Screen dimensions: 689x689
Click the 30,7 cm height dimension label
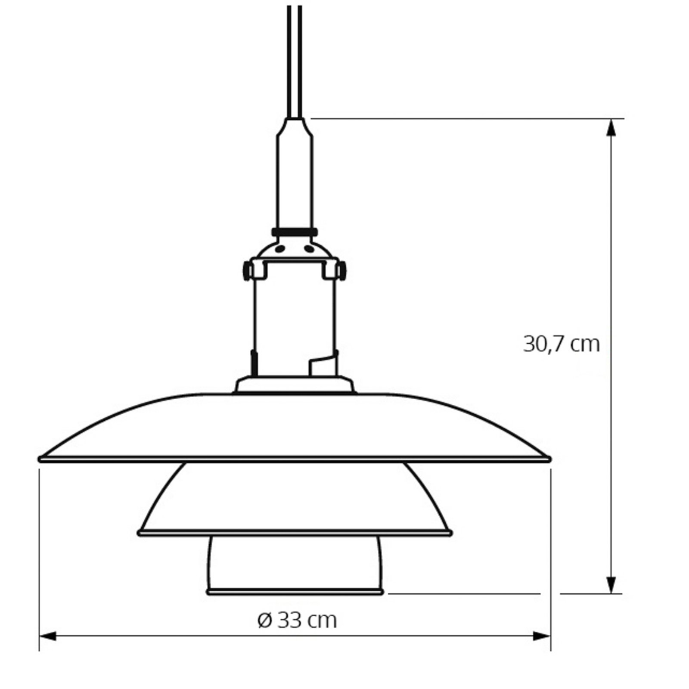pyautogui.click(x=561, y=344)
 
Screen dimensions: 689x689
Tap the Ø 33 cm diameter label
pyautogui.click(x=297, y=620)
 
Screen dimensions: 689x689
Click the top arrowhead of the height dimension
pyautogui.click(x=611, y=127)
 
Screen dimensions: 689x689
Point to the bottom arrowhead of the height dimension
pyautogui.click(x=611, y=585)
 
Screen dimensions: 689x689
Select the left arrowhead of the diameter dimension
pyautogui.click(x=48, y=636)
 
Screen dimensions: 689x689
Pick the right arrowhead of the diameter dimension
pyautogui.click(x=542, y=636)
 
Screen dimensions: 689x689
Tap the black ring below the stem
pyautogui.click(x=295, y=232)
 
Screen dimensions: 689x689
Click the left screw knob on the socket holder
pyautogui.click(x=247, y=270)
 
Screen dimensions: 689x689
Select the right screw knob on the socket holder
pyautogui.click(x=342, y=270)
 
